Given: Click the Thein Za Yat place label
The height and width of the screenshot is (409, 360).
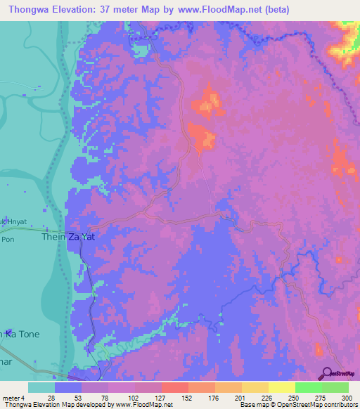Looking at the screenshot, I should (70, 238).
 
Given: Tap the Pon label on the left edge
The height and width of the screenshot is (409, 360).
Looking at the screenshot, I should (8, 239).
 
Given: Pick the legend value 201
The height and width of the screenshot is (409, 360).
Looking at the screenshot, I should (241, 398).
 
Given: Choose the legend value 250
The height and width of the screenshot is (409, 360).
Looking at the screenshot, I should (295, 398).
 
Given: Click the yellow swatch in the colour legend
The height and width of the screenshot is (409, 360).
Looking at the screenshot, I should (282, 387).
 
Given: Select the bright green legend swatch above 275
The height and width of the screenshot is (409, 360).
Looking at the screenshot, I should (309, 387).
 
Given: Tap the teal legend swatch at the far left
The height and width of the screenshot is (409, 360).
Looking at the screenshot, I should (41, 387).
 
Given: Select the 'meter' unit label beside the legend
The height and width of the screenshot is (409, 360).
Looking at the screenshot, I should (11, 398).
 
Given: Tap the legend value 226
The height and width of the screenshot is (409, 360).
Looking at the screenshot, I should (268, 398).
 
